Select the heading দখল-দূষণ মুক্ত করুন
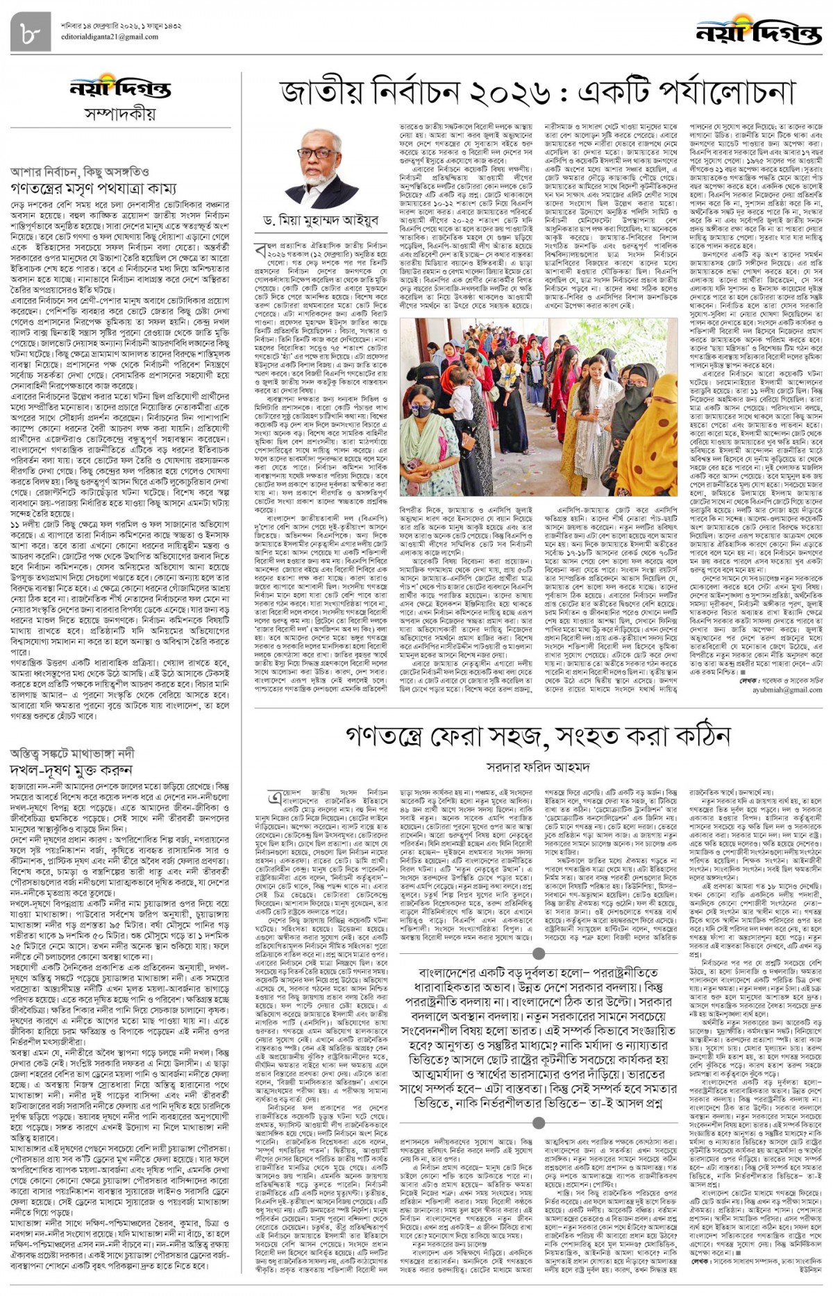(71, 769)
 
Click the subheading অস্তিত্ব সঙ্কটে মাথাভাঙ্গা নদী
(72, 753)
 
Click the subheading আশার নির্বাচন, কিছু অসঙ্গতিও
(78, 171)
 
